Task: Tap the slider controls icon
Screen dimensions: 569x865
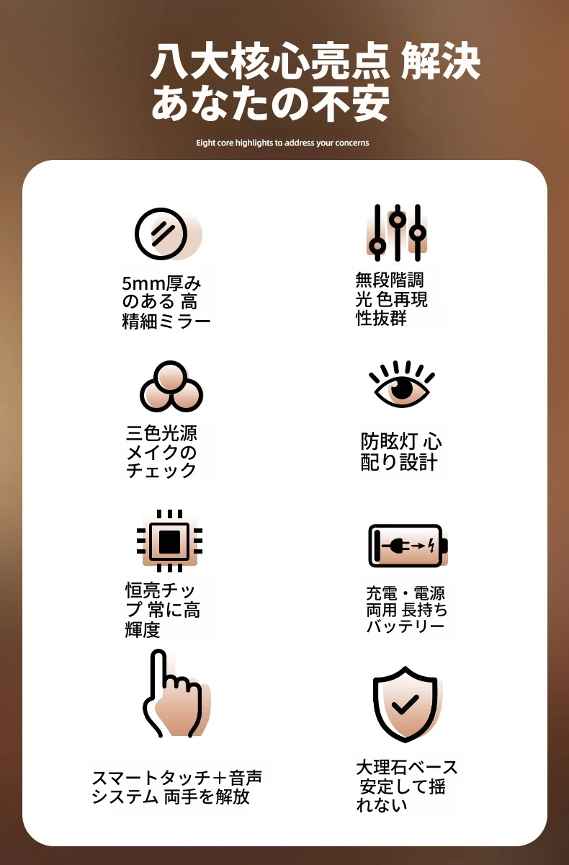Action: tap(398, 232)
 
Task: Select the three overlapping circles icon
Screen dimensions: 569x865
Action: tap(171, 386)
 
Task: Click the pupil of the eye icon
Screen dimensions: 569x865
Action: tap(402, 388)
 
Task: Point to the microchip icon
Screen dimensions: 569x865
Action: tap(170, 541)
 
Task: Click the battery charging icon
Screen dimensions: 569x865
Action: tap(408, 546)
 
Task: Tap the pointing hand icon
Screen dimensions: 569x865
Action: tap(176, 693)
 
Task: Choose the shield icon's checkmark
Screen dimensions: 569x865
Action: tap(405, 704)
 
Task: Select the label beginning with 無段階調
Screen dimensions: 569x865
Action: tap(391, 299)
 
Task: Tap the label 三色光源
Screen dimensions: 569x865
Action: tap(161, 433)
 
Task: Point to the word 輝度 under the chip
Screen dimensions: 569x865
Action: tap(143, 630)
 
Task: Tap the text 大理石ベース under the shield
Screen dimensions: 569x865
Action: tap(407, 767)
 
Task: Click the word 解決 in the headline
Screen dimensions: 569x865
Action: tap(440, 61)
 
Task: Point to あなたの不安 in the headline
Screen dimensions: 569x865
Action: tap(270, 102)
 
